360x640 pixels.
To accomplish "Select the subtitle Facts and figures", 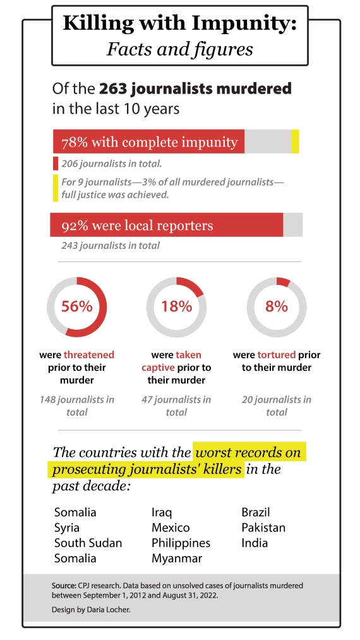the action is coord(180,49).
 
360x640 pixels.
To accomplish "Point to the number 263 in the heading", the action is coord(112,88).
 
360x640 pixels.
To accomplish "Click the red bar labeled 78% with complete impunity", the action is coord(148,142).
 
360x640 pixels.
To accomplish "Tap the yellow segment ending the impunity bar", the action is coord(295,142).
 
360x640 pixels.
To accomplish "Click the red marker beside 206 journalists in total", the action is coord(56,164).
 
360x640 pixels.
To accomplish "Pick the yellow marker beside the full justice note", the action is coord(56,188).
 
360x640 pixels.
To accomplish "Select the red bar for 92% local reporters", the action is coord(167,225).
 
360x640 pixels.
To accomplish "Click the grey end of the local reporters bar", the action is coord(293,225).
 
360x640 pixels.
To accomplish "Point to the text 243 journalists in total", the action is coord(111,245).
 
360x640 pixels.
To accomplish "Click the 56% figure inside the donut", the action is coord(76,306).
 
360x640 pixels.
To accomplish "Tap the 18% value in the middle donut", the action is coord(176,306).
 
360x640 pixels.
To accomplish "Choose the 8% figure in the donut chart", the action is coord(277,306).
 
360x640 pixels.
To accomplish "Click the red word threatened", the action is coord(89,354).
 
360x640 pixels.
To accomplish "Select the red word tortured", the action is coord(277,354).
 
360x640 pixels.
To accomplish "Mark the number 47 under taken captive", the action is coord(147,399).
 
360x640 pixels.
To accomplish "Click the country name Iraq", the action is coord(162,512).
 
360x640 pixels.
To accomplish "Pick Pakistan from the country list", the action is coord(263,528).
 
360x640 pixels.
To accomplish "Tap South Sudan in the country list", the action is coord(88,543).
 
